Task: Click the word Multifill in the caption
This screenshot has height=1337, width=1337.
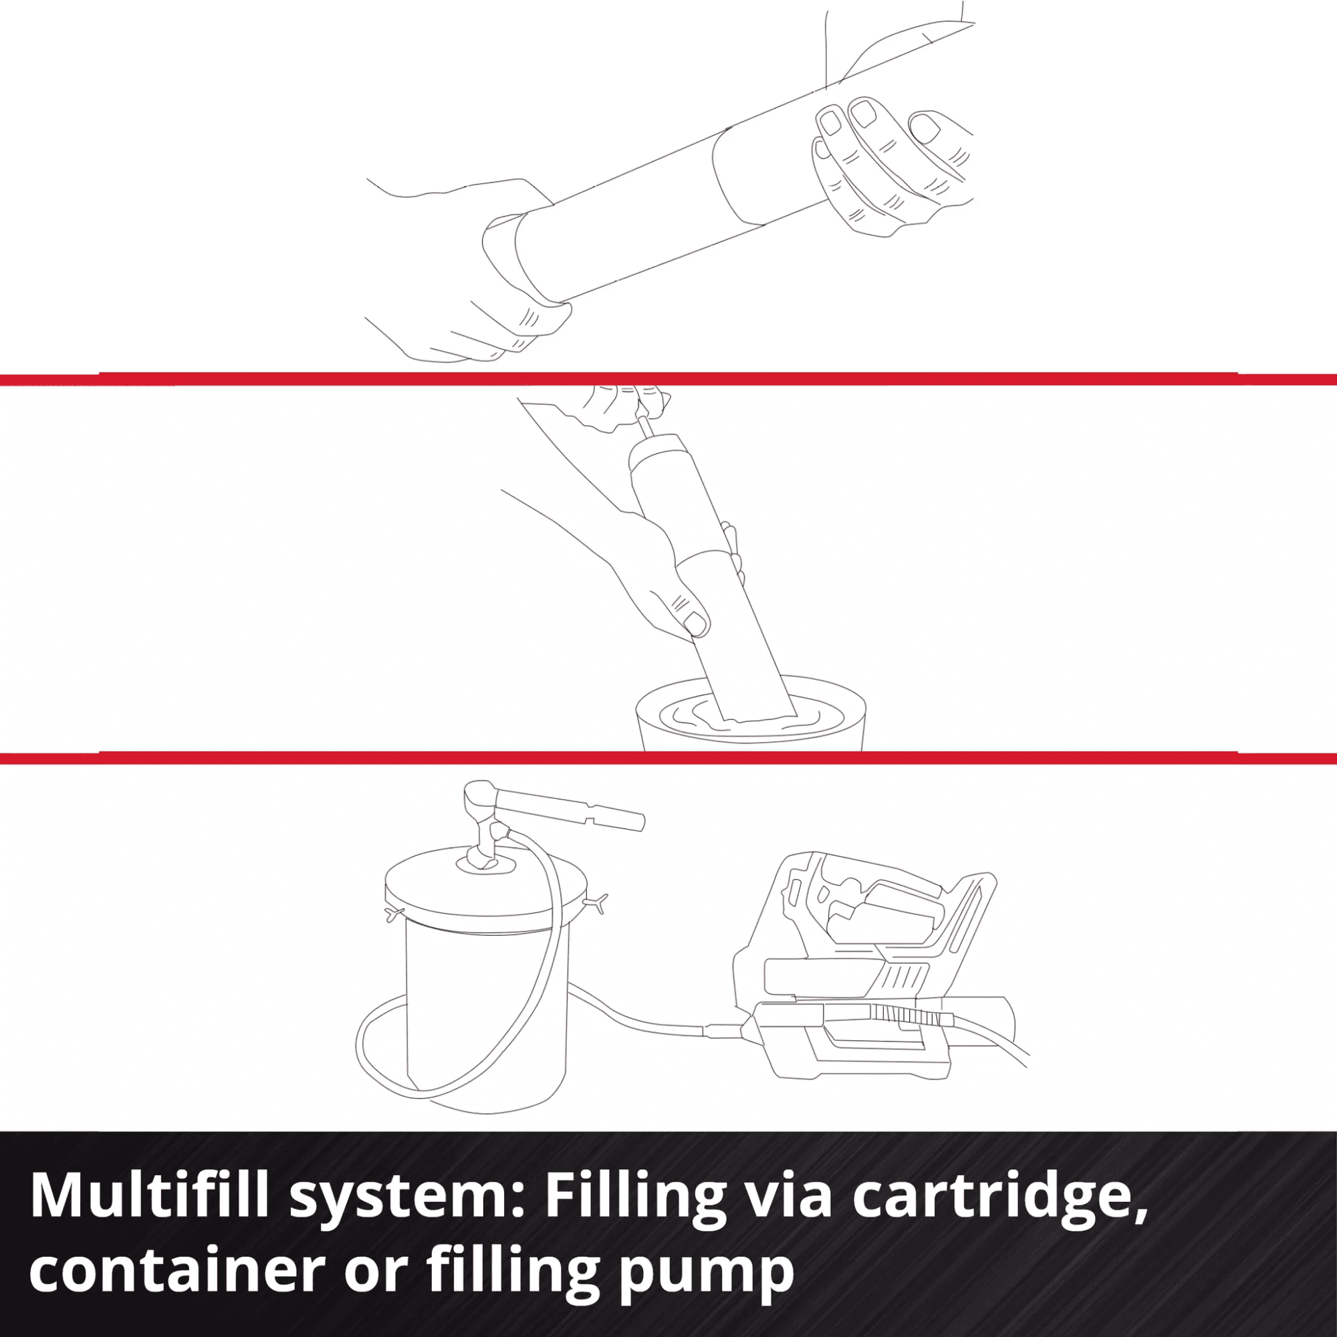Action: pos(150,1195)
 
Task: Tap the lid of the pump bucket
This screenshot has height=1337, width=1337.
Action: pos(486,892)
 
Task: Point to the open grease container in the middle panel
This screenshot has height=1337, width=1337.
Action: pos(751,713)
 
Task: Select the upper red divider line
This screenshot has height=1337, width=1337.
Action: pos(668,378)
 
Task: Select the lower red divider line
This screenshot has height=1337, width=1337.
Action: pos(668,758)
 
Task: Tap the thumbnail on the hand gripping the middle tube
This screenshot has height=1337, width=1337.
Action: pos(695,625)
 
